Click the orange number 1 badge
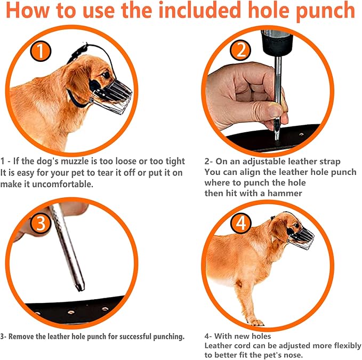tap(41, 51)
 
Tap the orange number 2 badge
tap(240, 50)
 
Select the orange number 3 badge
tap(41, 223)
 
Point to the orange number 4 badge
tap(240, 223)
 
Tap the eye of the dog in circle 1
tap(106, 75)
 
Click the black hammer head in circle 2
tap(277, 43)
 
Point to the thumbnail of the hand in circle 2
tap(275, 110)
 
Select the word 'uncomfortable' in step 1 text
tap(62, 184)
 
